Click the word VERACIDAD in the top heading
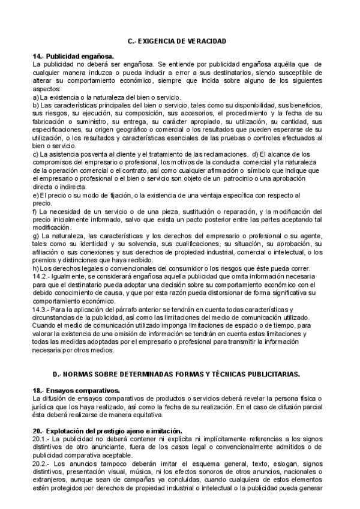(x=206, y=41)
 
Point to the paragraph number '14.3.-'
(x=43, y=309)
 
